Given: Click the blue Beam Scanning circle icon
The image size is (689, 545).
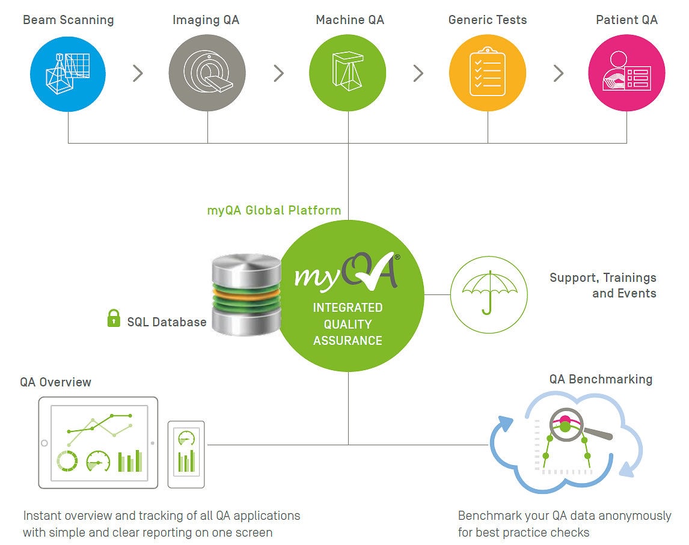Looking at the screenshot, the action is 68,74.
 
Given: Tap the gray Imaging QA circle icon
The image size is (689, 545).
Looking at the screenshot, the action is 207,73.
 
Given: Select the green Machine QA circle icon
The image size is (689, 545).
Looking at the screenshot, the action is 348,73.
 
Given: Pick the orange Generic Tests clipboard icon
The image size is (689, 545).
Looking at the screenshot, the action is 488,73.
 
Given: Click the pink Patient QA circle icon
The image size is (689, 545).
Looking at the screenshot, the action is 626,73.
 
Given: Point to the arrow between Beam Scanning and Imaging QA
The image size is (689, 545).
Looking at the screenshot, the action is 138,73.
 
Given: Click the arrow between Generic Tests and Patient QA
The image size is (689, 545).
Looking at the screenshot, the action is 559,73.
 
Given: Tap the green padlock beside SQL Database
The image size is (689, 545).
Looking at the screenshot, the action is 114,318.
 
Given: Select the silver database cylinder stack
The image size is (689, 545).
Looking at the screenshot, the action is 246,294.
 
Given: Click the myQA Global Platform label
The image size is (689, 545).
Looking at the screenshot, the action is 274,210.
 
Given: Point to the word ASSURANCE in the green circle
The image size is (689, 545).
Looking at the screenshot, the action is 348,340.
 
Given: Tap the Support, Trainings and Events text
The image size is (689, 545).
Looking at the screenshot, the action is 603,285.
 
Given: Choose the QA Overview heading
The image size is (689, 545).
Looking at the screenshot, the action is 56,382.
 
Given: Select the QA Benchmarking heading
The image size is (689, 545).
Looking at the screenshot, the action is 601,379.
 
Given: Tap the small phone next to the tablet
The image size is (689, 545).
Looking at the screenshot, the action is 186,454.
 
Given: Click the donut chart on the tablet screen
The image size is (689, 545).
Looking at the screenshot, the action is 67,461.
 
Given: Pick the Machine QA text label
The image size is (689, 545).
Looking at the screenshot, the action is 350,20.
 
